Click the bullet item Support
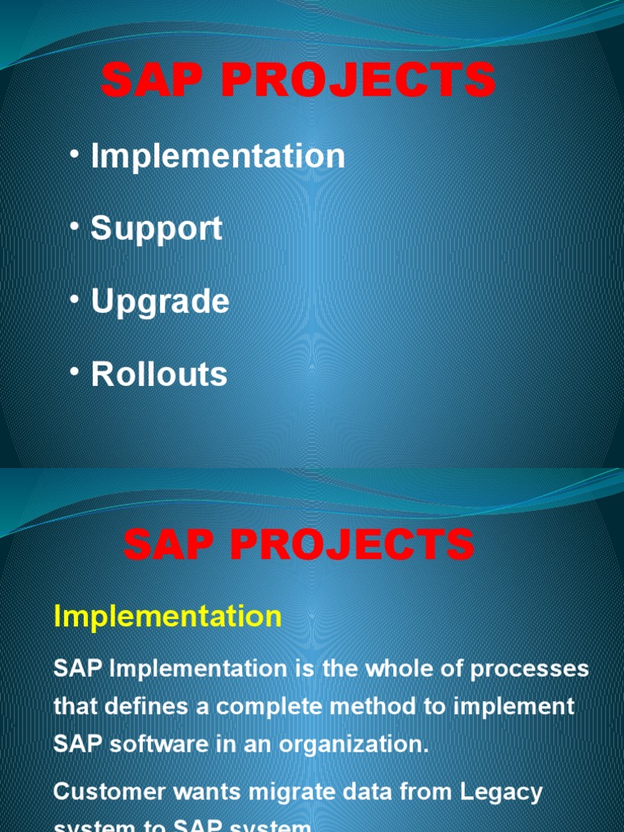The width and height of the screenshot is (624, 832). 156,229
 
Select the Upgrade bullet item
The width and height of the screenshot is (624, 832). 160,302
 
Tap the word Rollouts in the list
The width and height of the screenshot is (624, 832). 159,375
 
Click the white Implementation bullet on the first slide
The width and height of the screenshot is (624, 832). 218,156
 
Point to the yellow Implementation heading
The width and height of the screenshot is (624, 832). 167,617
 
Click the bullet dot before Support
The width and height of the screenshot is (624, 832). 75,227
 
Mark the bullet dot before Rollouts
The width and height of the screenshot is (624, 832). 75,373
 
